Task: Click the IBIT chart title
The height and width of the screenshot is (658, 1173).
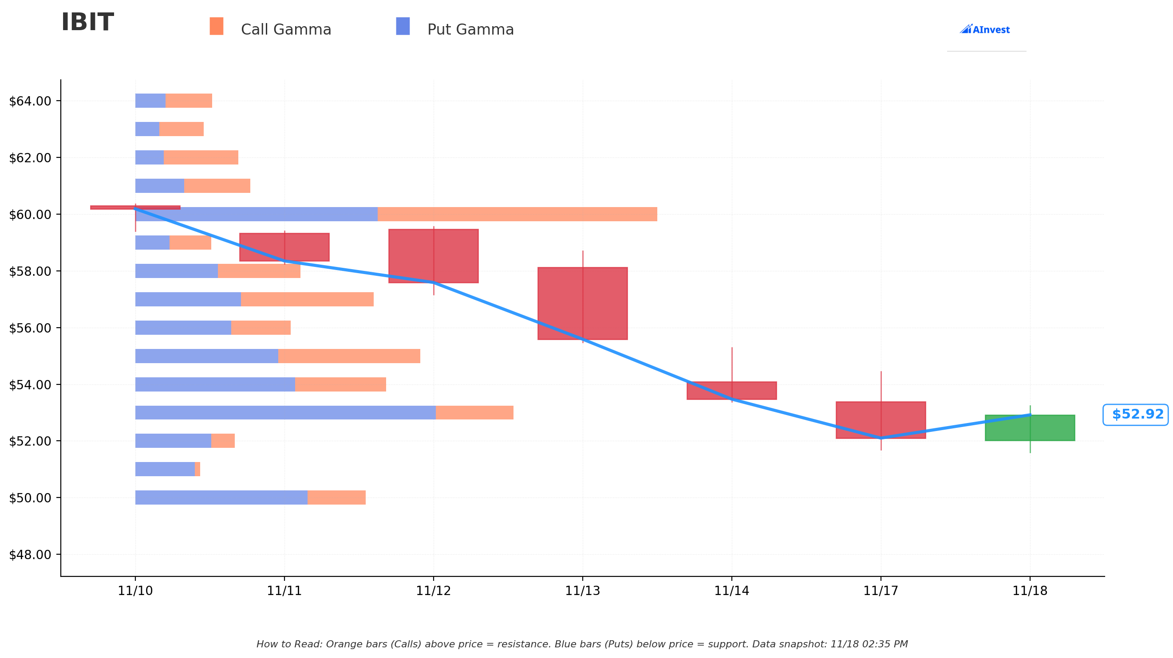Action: click(x=87, y=23)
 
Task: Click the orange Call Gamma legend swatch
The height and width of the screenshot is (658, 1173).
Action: click(x=216, y=27)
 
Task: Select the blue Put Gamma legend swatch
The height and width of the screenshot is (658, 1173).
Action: click(x=403, y=27)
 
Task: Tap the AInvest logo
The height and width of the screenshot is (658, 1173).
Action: click(x=984, y=30)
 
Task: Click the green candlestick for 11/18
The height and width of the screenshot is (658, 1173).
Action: click(x=1030, y=428)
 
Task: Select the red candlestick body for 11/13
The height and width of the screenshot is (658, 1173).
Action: click(x=582, y=304)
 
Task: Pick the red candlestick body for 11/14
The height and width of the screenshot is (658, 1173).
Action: click(x=731, y=391)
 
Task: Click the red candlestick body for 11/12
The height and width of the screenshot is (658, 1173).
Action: click(x=433, y=256)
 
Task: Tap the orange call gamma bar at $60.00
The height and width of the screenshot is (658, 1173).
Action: click(x=517, y=214)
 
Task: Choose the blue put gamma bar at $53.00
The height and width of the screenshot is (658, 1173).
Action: click(x=285, y=413)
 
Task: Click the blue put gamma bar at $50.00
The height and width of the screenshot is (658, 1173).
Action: click(x=221, y=497)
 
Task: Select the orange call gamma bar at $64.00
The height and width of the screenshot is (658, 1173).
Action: click(x=189, y=101)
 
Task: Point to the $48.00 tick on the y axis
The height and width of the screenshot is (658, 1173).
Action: click(x=30, y=555)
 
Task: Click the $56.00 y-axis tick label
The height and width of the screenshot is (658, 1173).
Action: click(x=30, y=328)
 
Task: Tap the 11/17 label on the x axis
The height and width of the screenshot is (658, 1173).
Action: click(x=881, y=591)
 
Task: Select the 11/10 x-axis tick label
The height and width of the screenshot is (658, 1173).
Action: click(x=135, y=591)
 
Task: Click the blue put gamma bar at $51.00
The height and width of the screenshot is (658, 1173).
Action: click(x=165, y=469)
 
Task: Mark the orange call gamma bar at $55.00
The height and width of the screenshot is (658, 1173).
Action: click(x=349, y=356)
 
